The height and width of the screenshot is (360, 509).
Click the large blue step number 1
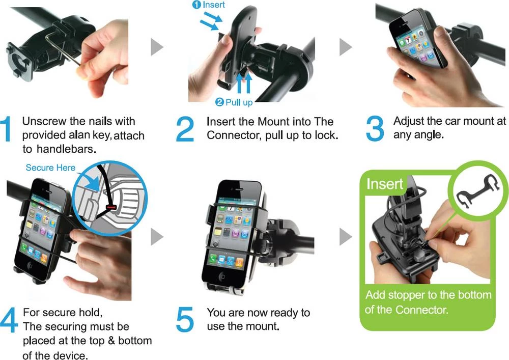pos(6,129)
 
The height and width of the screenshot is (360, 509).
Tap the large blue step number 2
pos(185,129)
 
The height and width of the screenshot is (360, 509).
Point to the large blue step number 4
pos(9,320)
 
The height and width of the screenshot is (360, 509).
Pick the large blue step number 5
pos(185,320)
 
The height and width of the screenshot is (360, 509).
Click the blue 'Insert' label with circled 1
pos(209,5)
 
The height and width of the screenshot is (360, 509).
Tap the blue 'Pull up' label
pos(234,102)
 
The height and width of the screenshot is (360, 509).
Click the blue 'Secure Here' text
pos(50,168)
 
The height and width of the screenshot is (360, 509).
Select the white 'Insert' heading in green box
pos(385,184)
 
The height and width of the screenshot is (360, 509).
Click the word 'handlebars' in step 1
pos(66,149)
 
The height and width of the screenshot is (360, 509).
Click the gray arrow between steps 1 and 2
pos(157,47)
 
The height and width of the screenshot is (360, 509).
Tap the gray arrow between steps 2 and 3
pos(346,47)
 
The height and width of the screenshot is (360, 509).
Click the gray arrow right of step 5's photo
pos(346,237)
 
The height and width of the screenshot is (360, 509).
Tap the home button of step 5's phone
pos(222,276)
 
